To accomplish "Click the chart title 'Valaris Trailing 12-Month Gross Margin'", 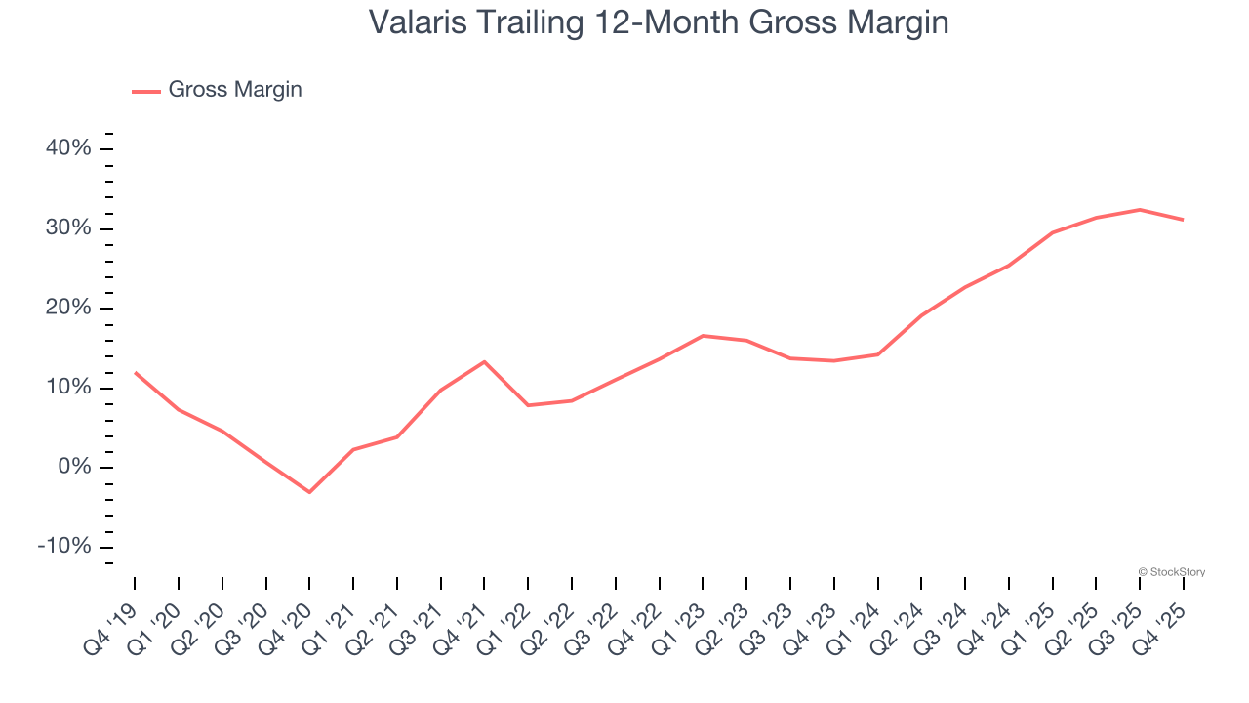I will click(x=659, y=22).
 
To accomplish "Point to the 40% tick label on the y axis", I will click(x=68, y=149).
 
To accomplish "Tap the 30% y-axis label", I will click(x=68, y=228).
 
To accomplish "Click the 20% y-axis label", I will click(x=68, y=309).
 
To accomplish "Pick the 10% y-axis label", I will click(x=68, y=388).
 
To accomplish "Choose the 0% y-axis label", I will click(x=74, y=468).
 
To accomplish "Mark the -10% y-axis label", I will click(x=63, y=547).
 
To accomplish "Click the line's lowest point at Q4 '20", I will click(x=309, y=492).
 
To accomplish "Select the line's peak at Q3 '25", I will click(x=1140, y=209).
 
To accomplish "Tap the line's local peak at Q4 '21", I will click(x=484, y=361).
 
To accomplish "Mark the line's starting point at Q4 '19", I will click(x=135, y=372).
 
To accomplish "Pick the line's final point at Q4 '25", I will click(x=1184, y=220).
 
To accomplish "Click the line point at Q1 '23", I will click(x=703, y=336).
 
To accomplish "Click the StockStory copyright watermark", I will click(x=1171, y=572).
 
